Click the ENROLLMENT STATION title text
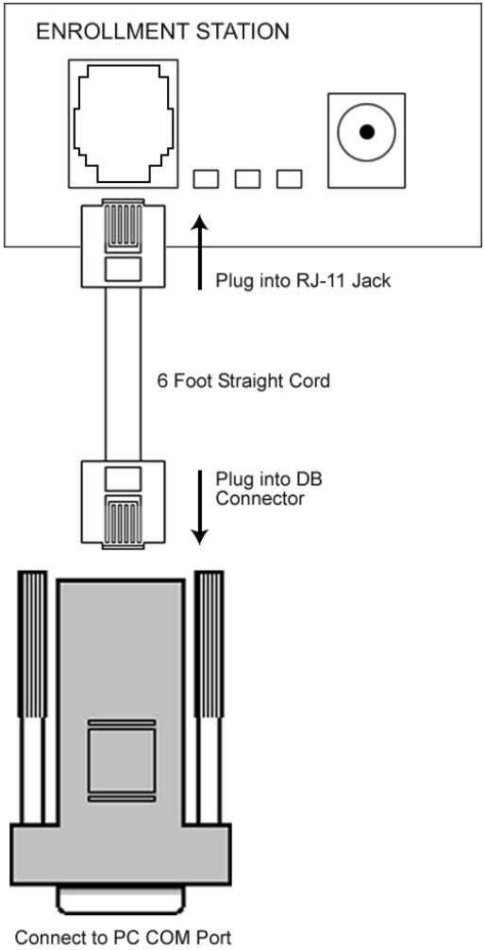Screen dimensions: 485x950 point(162,31)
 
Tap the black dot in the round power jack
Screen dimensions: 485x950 point(367,131)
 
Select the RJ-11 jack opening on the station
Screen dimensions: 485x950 point(123,121)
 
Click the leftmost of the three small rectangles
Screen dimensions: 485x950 point(206,178)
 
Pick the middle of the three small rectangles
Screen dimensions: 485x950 point(247,178)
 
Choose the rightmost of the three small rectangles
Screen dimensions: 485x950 point(289,178)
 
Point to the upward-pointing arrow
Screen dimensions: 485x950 point(200,251)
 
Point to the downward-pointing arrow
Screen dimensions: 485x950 point(200,507)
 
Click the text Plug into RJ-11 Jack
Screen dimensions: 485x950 point(303,281)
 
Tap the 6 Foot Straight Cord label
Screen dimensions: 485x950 point(243,381)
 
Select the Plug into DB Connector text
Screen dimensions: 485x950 point(269,489)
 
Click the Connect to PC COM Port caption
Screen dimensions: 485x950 point(123,938)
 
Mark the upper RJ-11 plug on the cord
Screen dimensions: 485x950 point(123,243)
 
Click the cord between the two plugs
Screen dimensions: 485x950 point(123,374)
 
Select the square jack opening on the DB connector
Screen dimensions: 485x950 point(121,760)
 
